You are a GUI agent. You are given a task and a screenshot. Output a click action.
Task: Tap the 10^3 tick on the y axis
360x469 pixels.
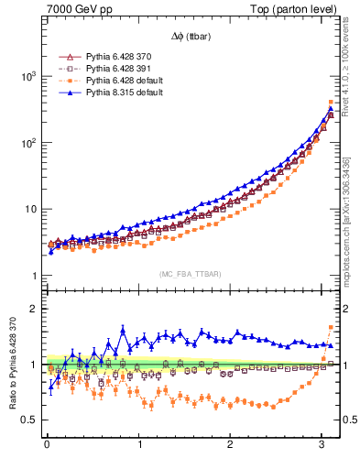[28, 77]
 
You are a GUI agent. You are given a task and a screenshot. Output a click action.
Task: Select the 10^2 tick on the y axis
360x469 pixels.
[28, 143]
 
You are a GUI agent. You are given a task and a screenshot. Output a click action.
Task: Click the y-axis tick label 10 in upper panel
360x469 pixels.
[30, 210]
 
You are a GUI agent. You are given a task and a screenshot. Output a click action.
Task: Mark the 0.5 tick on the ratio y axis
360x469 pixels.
[31, 420]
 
